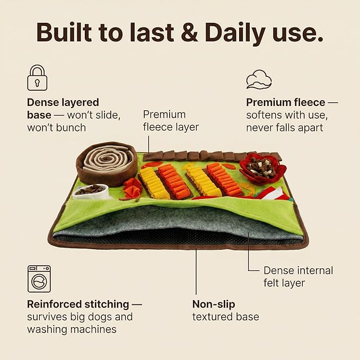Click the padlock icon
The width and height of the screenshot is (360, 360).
pos(37,78)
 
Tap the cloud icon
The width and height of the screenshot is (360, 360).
pos(259,80)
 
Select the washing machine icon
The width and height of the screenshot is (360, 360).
pos(39,279)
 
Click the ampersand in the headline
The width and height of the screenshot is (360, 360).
pos(189,32)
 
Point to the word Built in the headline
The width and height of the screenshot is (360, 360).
pos(64,32)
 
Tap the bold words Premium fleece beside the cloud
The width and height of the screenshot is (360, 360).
pos(286,102)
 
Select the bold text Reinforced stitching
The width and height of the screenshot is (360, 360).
pos(78,304)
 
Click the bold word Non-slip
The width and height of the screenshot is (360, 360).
pos(214,304)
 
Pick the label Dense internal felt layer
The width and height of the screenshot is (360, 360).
pos(298,277)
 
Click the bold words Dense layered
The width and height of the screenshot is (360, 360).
pos(63,103)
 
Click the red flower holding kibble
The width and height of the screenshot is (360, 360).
pos(262,168)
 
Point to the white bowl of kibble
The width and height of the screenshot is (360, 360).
pos(91,191)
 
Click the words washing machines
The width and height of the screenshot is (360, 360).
pos(72,329)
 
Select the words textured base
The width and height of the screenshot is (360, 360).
pos(226,317)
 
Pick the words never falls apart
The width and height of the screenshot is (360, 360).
pos(285,128)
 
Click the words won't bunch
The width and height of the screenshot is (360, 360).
pos(57,128)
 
